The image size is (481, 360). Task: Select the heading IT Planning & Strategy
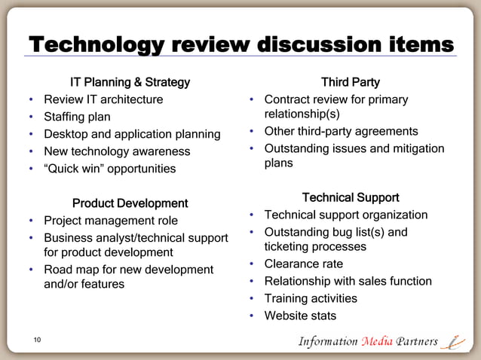coord(130,81)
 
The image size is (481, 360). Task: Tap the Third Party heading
coord(350,81)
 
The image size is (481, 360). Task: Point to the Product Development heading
coord(130,203)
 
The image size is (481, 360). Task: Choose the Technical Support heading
coord(350,198)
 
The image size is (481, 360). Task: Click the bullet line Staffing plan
coord(77,117)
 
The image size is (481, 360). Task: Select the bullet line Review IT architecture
coord(103,99)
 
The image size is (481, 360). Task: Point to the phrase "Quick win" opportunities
coord(109,169)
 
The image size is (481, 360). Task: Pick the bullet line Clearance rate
coord(303,264)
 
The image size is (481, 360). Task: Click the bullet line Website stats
coord(300,316)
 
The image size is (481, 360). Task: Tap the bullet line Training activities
coord(311,298)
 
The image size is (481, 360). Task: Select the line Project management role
coord(111,221)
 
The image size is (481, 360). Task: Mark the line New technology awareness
coord(117,151)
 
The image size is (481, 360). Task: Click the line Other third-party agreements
coord(341,132)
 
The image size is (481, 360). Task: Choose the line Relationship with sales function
coord(348,281)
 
